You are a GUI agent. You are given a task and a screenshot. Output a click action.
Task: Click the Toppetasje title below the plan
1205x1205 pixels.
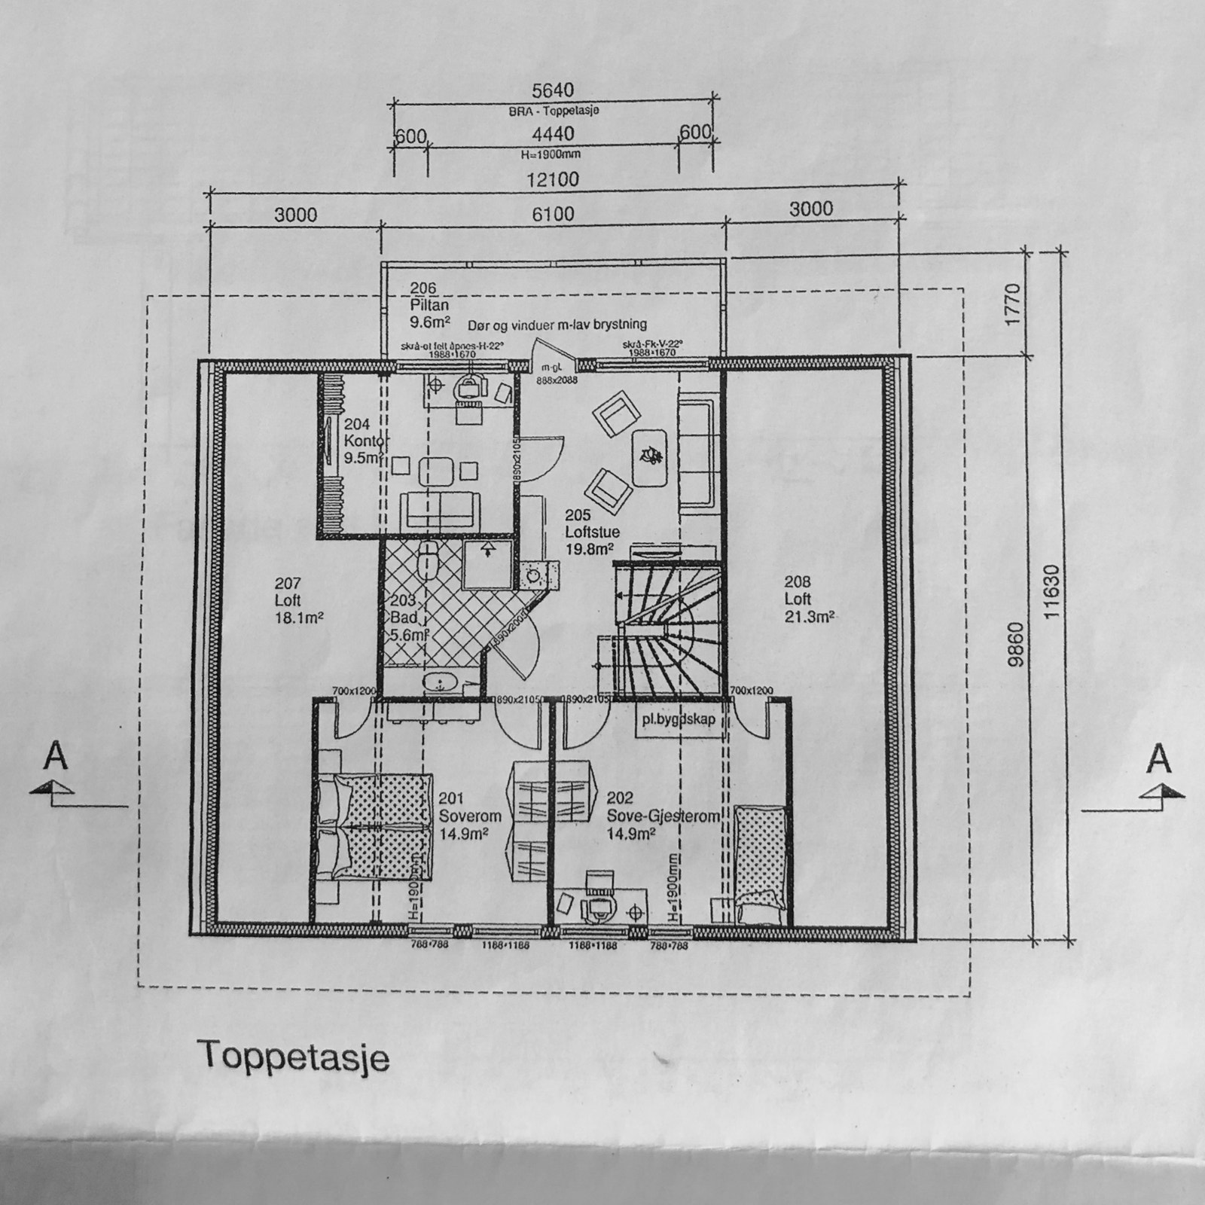(293, 1057)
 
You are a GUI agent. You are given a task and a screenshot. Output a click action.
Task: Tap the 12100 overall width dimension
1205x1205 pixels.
(553, 180)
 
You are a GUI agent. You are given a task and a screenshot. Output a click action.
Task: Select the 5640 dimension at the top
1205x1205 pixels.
(553, 91)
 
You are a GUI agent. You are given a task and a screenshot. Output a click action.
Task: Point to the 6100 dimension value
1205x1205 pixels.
(553, 215)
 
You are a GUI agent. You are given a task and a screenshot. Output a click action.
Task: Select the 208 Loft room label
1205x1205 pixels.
(807, 599)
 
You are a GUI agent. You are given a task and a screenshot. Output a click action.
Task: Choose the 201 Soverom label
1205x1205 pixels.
(468, 816)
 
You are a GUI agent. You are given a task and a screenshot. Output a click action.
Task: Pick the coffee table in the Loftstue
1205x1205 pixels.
(649, 457)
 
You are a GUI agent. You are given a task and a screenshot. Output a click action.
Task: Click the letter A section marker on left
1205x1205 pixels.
(55, 757)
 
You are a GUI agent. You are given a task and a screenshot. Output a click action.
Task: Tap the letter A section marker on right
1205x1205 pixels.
(1158, 759)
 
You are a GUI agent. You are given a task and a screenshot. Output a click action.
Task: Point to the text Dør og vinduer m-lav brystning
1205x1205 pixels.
(557, 325)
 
